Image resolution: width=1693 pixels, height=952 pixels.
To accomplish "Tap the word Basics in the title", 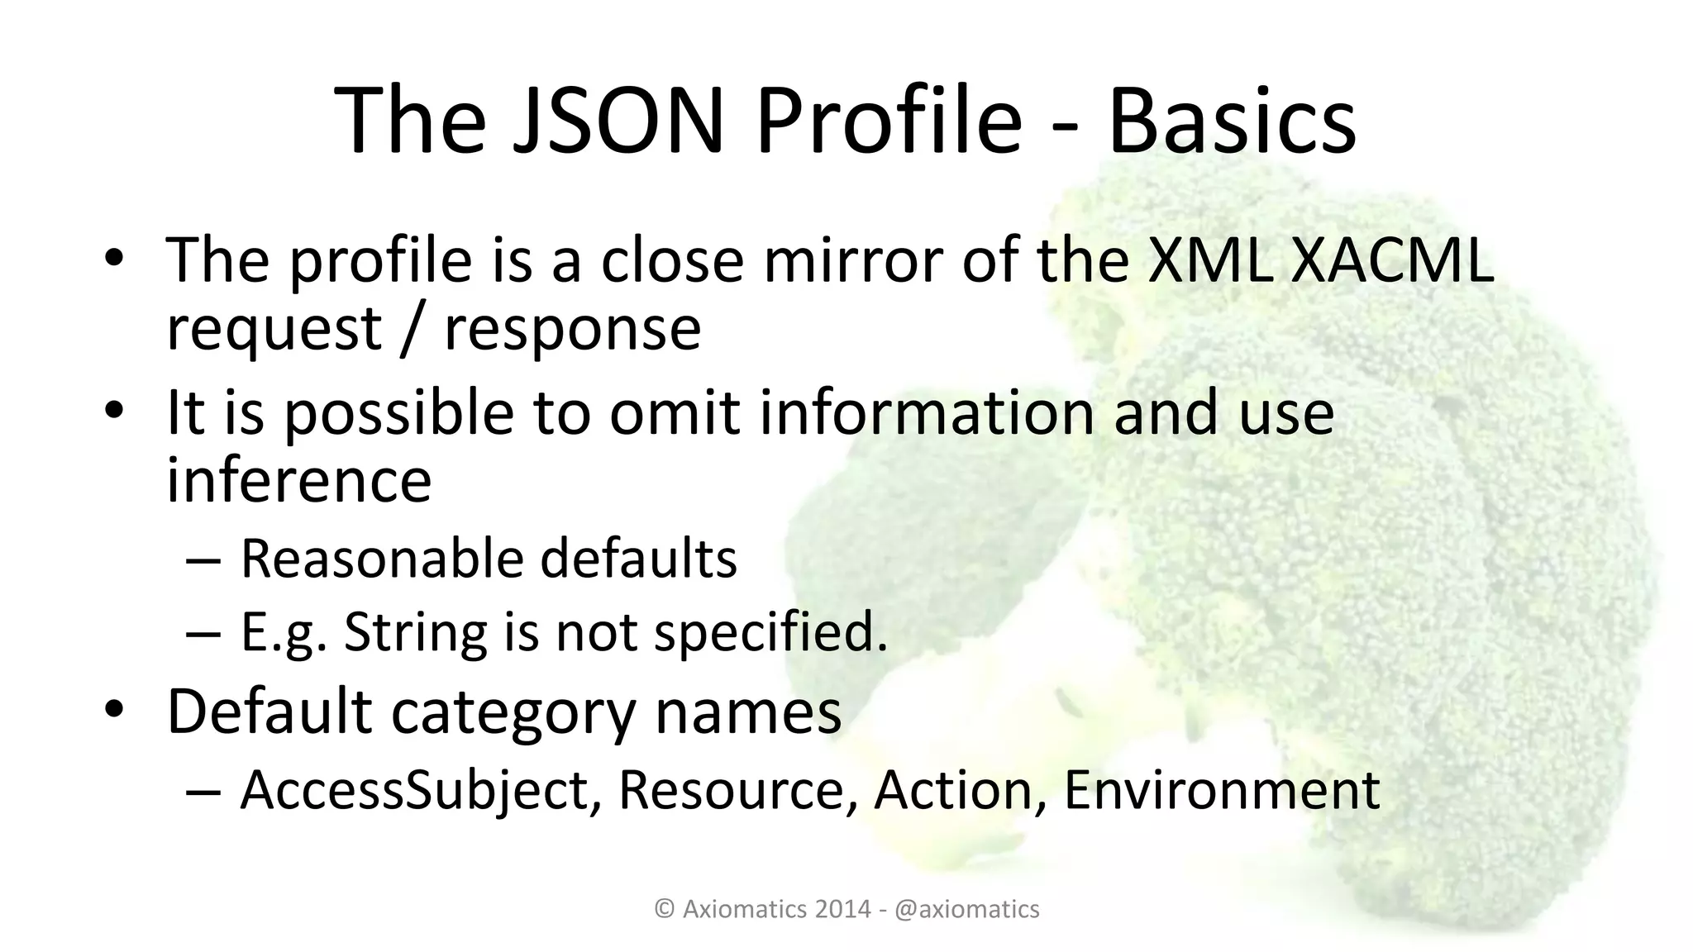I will point(1232,121).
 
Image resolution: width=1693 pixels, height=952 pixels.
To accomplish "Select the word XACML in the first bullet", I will point(1390,259).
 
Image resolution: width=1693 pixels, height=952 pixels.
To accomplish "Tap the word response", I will point(572,329).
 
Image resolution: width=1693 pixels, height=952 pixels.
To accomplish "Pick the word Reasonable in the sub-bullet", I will point(381,559).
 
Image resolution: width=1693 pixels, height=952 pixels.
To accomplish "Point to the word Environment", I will point(1221,789).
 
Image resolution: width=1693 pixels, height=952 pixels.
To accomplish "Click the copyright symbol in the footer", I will point(665,909).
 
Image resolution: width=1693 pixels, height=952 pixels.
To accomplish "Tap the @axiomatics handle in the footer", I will point(967,909).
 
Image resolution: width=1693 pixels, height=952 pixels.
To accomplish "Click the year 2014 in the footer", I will point(843,909).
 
